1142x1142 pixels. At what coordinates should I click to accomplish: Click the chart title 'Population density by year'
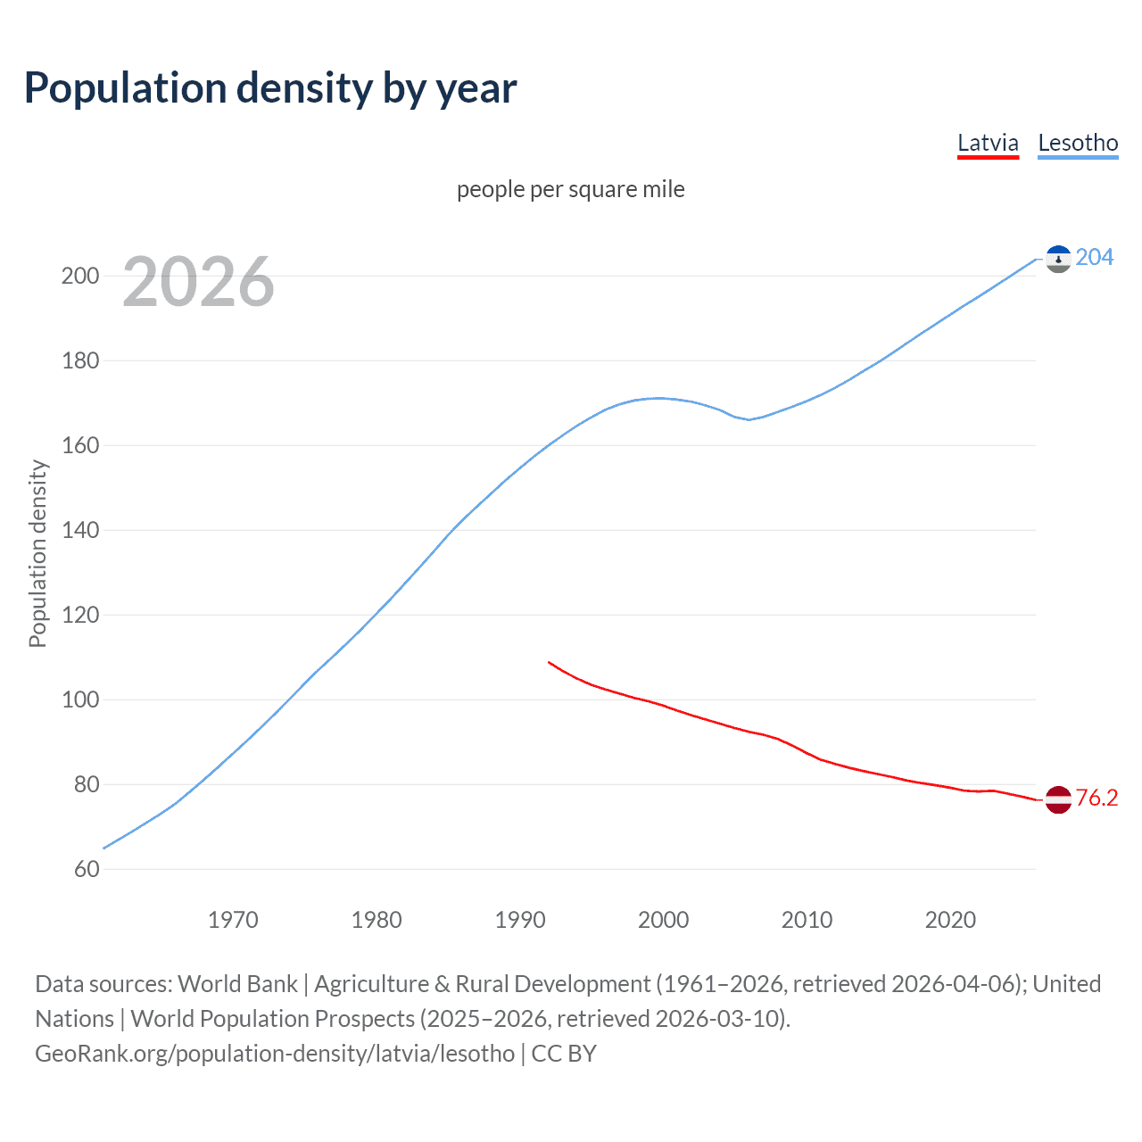coord(270,88)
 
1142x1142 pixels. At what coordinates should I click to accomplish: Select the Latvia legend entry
coord(988,143)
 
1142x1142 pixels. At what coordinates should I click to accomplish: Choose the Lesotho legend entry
coord(1078,143)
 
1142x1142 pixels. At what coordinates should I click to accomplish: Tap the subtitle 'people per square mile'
coord(570,189)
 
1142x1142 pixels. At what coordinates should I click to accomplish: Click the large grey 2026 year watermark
coord(198,282)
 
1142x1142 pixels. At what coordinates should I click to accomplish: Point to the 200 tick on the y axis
coord(80,276)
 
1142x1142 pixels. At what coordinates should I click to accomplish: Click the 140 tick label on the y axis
coord(80,530)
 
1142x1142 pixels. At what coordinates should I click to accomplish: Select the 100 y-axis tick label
coord(80,699)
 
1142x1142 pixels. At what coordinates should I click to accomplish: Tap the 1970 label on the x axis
coord(233,920)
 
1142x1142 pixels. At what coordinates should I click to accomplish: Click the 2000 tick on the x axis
coord(663,920)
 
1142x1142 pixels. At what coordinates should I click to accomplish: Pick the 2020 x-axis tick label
coord(950,920)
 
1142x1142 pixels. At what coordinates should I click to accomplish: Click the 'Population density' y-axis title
coord(37,553)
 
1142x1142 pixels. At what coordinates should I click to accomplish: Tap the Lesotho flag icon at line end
coord(1058,259)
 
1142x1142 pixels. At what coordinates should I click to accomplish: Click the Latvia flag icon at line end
coord(1058,799)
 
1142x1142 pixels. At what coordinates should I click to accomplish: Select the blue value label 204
coord(1095,257)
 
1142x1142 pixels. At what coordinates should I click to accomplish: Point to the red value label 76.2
coord(1096,798)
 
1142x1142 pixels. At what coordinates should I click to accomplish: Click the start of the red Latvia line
coord(549,662)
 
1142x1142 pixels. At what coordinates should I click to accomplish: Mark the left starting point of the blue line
coord(104,848)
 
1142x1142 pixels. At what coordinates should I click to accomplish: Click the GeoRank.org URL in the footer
coord(275,1054)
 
